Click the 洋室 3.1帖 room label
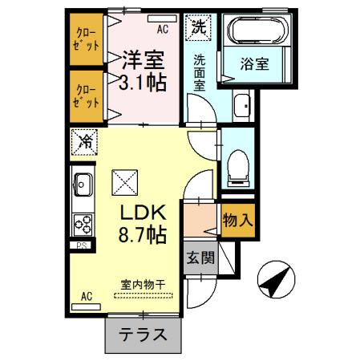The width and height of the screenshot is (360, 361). tap(143, 71)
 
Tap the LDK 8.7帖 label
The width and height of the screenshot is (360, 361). tap(143, 224)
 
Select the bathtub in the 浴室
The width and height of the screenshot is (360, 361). tap(257, 30)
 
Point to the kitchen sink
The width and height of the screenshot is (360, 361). tap(83, 185)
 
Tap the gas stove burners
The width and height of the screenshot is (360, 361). tap(83, 225)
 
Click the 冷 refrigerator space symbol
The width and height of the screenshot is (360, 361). tap(84, 142)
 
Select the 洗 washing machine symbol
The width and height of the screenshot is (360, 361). tap(198, 27)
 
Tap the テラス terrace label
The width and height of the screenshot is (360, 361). tap(143, 335)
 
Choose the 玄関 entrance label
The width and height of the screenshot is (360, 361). tap(200, 258)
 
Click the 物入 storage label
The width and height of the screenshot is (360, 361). tap(237, 221)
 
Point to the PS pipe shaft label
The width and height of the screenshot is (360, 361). tap(82, 245)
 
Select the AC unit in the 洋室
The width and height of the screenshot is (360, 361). tap(162, 18)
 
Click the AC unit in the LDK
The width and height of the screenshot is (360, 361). tap(86, 306)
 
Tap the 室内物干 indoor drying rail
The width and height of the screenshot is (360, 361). tap(144, 295)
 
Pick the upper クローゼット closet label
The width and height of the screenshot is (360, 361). tap(86, 39)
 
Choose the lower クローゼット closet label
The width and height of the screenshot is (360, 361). tap(86, 96)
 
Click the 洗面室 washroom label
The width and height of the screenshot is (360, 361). tap(200, 73)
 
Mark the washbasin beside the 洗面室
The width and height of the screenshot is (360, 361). tap(242, 106)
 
